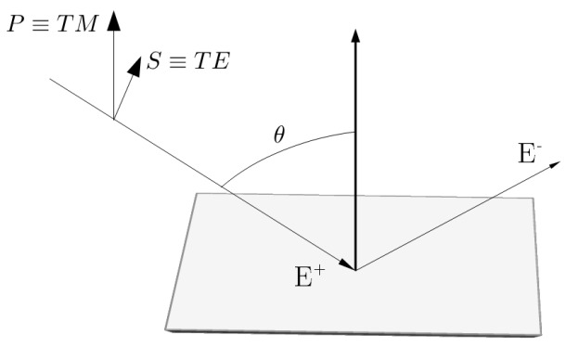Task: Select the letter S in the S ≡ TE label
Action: point(155,63)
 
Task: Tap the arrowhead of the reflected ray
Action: point(553,161)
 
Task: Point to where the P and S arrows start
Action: point(113,119)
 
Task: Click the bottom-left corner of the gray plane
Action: point(167,328)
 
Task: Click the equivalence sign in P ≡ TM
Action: point(42,25)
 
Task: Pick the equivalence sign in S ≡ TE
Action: point(181,64)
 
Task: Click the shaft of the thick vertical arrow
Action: point(355,167)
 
